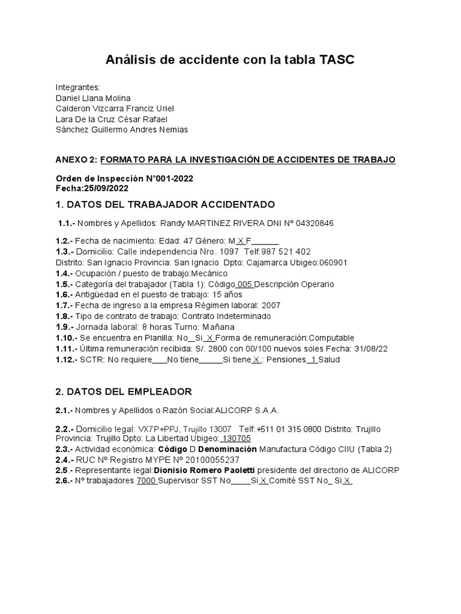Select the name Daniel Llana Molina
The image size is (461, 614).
point(92,98)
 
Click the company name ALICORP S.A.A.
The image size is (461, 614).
point(247,410)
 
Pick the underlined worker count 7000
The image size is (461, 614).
point(146,481)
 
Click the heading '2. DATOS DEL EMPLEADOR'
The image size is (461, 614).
point(124,392)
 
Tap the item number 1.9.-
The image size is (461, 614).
point(65,327)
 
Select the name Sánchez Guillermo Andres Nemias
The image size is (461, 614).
point(122,130)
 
